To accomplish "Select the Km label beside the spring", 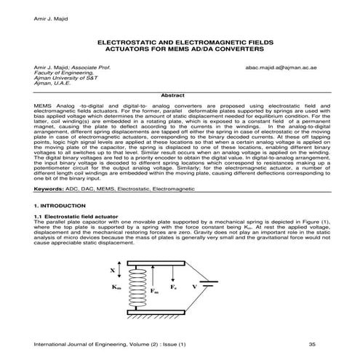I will click(x=116, y=287).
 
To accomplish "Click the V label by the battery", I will click(x=196, y=287).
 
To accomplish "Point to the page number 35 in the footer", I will click(x=311, y=343).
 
